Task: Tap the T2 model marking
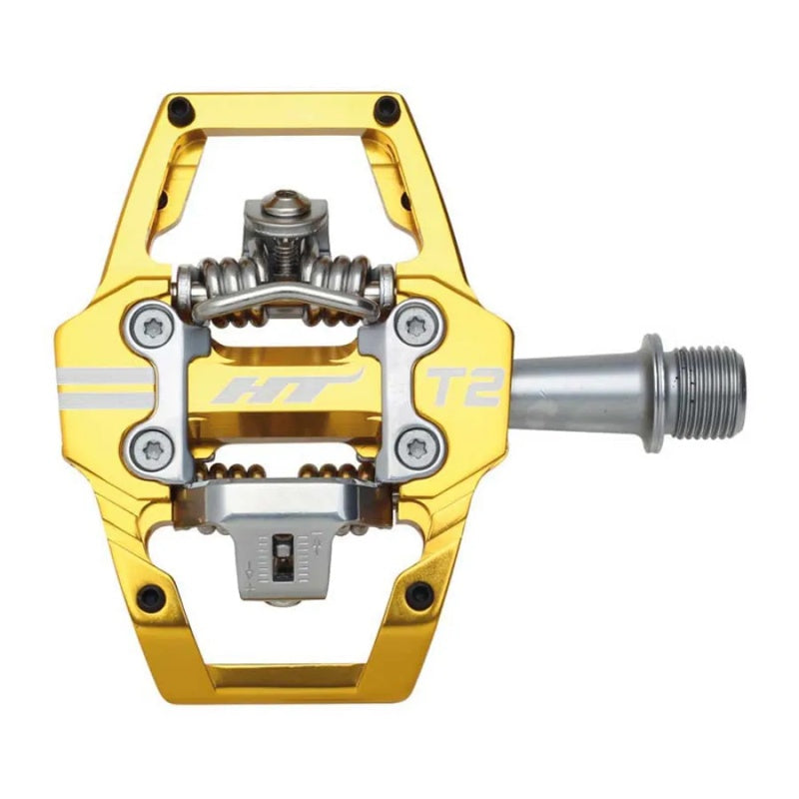pos(463,387)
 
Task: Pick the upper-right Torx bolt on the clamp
pos(417,327)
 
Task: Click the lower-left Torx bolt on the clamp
pos(153,449)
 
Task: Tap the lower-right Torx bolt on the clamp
pos(416,448)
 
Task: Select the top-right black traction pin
pos(387,108)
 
